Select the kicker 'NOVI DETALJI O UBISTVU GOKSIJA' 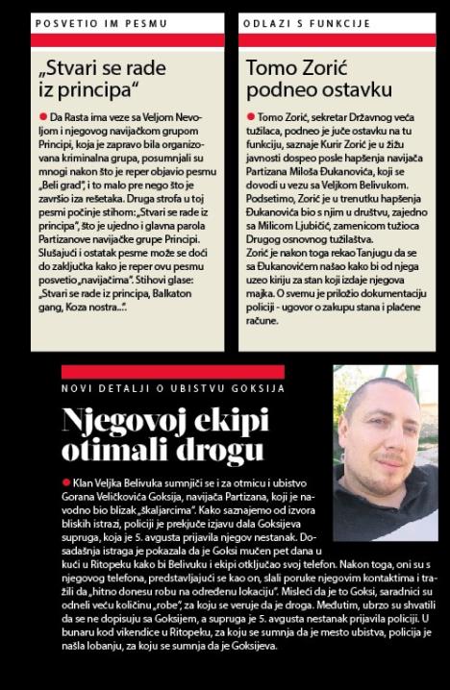pyautogui.click(x=172, y=388)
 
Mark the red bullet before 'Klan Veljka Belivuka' pyautogui.click(x=66, y=481)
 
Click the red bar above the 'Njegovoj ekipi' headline pyautogui.click(x=172, y=371)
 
